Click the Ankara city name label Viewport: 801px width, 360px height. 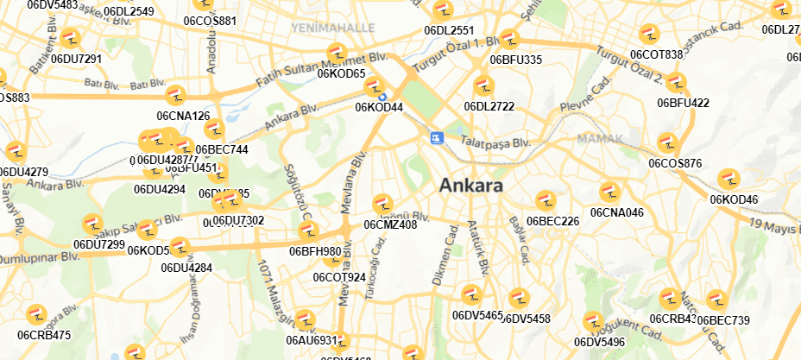[471, 186]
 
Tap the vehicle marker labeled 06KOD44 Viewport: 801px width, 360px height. [375, 87]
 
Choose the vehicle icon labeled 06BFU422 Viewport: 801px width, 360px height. [677, 83]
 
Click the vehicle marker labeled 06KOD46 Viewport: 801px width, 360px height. [728, 180]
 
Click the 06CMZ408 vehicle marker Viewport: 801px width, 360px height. [382, 205]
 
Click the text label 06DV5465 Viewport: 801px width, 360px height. [477, 315]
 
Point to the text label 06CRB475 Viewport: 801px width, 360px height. [44, 335]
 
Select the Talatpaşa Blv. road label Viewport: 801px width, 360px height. [494, 142]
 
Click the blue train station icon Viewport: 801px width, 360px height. [437, 137]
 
